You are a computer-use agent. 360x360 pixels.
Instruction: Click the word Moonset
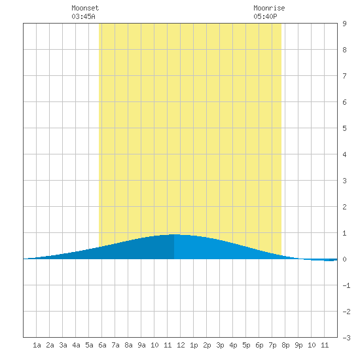85,8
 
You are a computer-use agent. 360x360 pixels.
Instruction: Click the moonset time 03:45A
83,16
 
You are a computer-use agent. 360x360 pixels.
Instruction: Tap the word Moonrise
269,8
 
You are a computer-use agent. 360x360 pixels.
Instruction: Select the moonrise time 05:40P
265,16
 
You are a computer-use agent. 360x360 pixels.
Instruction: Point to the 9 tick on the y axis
344,24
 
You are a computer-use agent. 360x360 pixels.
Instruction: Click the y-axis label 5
344,128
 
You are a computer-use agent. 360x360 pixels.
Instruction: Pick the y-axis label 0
344,259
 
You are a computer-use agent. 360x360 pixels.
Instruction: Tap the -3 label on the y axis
346,338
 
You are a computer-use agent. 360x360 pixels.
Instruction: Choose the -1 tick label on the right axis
346,285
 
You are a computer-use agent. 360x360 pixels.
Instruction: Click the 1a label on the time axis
37,345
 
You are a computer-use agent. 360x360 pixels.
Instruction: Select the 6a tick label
102,345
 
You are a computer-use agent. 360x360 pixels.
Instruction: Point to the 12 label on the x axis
181,345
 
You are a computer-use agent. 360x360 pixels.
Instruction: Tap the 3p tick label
220,345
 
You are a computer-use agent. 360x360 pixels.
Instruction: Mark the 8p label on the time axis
285,345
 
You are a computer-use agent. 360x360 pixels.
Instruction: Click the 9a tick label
141,345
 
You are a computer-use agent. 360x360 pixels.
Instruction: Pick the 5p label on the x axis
246,345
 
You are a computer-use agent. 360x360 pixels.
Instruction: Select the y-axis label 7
344,76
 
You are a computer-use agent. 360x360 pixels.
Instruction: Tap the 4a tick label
76,345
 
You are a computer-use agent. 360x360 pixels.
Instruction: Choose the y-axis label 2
344,207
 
